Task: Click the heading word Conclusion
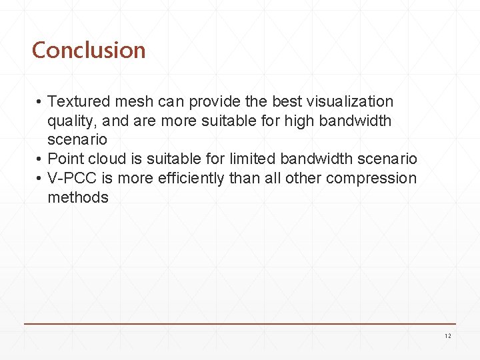point(89,50)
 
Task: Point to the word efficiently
point(181,179)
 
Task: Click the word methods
point(77,197)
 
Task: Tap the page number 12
point(447,336)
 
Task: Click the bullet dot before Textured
point(40,103)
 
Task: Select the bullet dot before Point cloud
point(40,160)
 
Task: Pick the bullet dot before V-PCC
point(40,179)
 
